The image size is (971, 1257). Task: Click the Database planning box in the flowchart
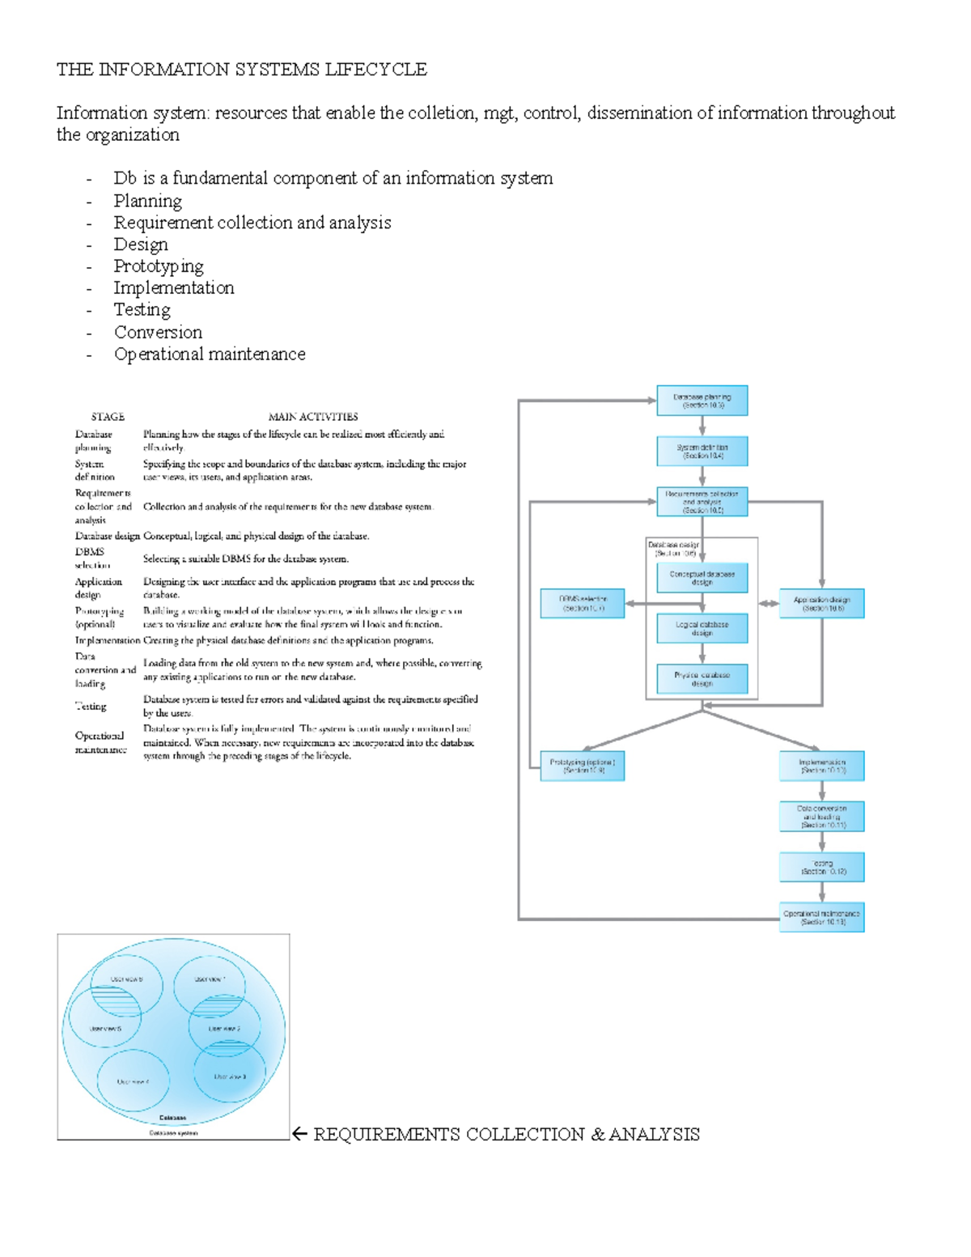click(x=702, y=401)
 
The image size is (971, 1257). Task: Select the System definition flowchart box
click(x=702, y=451)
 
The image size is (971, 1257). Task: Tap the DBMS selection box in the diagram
click(x=582, y=603)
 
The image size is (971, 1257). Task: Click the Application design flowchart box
click(x=821, y=604)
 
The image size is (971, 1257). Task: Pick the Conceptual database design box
click(x=702, y=577)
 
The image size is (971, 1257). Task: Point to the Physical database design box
click(x=702, y=678)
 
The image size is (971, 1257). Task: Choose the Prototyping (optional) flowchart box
click(x=582, y=766)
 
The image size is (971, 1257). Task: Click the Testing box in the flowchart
click(x=821, y=867)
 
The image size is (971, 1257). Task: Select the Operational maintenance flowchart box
click(x=821, y=917)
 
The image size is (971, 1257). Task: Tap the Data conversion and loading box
click(x=821, y=816)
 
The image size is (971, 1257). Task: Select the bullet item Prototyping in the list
click(x=159, y=266)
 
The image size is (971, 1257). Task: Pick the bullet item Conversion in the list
click(x=158, y=332)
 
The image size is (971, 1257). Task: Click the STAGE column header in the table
click(x=108, y=417)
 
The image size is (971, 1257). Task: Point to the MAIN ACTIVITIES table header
click(x=312, y=417)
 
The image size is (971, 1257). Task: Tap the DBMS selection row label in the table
click(x=91, y=558)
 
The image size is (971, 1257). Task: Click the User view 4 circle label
click(x=133, y=1081)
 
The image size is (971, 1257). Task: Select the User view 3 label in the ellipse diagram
click(x=230, y=1077)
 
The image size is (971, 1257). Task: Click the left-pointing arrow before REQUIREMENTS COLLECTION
click(x=299, y=1134)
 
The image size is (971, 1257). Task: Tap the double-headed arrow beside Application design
click(x=769, y=603)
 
